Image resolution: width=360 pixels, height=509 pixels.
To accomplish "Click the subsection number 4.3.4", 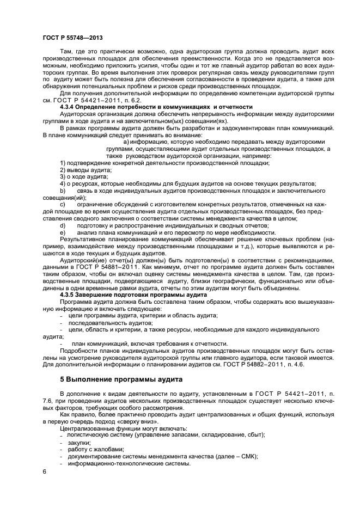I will [x=69, y=107].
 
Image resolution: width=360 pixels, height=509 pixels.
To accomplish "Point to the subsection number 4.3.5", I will [x=69, y=295].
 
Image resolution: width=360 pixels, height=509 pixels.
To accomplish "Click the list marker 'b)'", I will [x=63, y=191].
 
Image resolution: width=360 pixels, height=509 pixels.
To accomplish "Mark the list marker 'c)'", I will [x=63, y=204].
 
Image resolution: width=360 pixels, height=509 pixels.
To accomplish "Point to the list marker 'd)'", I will [x=63, y=225].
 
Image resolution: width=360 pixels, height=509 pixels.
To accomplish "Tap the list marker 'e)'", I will [x=63, y=232].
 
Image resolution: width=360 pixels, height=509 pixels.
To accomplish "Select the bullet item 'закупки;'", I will [x=80, y=443].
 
